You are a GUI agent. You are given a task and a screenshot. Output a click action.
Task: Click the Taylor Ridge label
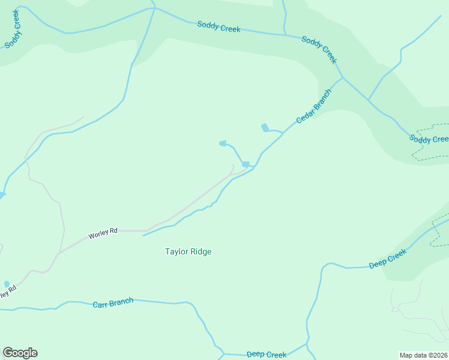click(x=188, y=252)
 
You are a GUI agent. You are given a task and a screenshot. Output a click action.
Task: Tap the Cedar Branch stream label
click(x=313, y=106)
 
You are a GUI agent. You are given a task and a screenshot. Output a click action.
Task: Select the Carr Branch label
click(x=113, y=302)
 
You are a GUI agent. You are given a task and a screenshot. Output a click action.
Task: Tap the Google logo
click(x=20, y=353)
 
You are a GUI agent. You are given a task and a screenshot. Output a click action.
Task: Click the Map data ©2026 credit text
click(x=423, y=355)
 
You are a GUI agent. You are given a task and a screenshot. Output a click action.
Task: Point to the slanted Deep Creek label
click(x=388, y=259)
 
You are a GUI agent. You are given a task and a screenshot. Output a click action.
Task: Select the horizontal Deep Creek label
click(x=267, y=355)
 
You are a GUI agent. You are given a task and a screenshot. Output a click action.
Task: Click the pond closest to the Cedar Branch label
click(x=265, y=127)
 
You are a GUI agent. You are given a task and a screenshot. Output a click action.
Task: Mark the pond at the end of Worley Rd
click(x=246, y=164)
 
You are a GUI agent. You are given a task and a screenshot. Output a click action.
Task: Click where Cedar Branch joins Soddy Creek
click(x=342, y=78)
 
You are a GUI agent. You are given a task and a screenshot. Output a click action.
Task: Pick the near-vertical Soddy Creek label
click(x=13, y=28)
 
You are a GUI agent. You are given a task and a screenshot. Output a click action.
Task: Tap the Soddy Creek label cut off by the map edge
click(x=429, y=139)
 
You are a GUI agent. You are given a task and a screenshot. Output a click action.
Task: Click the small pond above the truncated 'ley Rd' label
click(x=7, y=284)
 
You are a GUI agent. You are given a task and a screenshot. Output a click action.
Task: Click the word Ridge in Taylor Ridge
click(x=200, y=252)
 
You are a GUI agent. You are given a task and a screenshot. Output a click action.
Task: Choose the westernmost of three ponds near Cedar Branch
click(x=223, y=143)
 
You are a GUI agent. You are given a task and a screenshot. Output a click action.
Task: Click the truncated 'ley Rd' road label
click(x=7, y=294)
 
